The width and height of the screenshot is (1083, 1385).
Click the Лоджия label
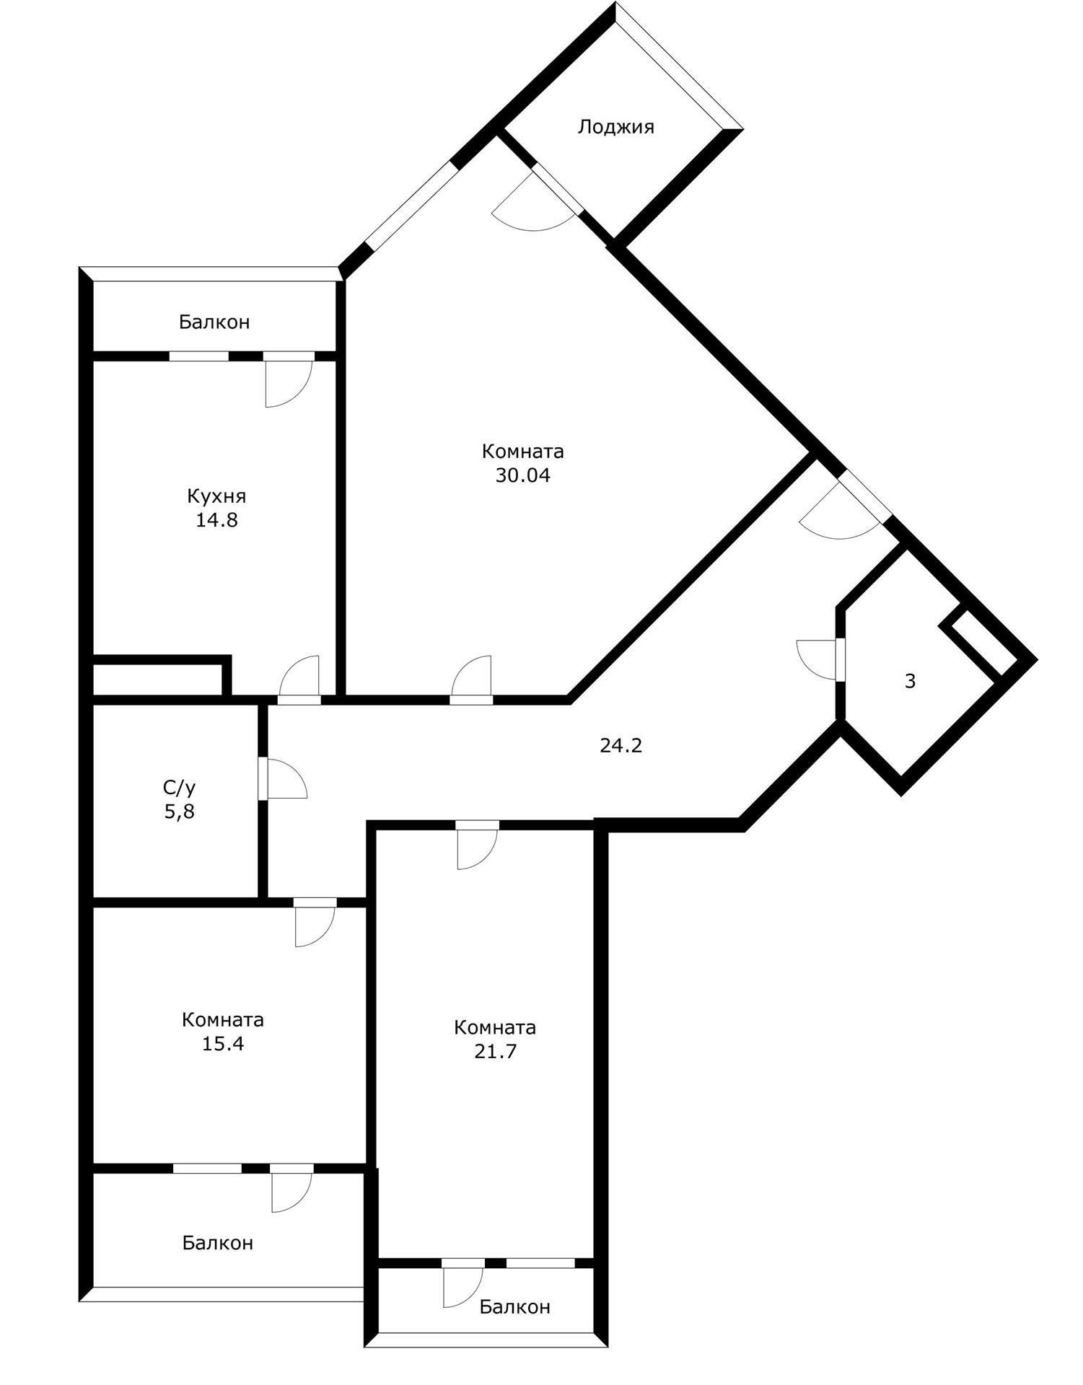[615, 127]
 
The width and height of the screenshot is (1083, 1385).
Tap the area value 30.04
[522, 475]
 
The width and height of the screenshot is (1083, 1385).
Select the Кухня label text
[216, 496]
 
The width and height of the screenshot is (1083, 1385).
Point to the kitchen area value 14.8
[216, 520]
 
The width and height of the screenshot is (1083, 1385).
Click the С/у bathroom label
[179, 787]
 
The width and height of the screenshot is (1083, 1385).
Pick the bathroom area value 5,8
[180, 812]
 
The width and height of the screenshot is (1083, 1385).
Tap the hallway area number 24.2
[621, 745]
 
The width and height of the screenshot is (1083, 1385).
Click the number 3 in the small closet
[910, 680]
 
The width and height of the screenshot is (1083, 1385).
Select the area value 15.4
[223, 1043]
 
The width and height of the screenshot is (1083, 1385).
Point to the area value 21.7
[495, 1051]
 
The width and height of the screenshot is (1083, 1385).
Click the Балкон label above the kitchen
[214, 322]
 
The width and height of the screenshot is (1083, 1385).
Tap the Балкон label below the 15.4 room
[217, 1243]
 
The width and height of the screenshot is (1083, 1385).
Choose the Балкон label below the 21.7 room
[514, 1306]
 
